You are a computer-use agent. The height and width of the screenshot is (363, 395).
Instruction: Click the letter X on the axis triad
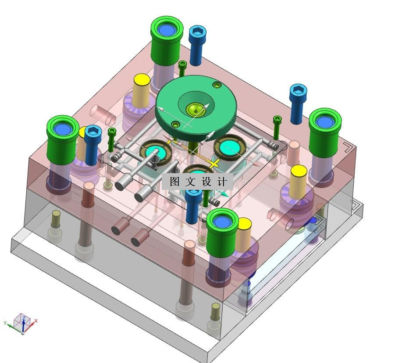click(x=36, y=321)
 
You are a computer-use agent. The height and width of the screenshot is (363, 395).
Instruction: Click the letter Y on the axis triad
click(x=5, y=323)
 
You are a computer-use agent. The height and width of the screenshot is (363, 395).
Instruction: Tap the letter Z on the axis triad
click(x=24, y=319)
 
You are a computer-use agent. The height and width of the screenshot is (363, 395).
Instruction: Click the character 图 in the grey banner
click(x=174, y=181)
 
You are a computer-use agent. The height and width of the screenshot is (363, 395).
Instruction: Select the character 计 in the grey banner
click(x=222, y=181)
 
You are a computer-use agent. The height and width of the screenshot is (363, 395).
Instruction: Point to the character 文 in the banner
click(x=190, y=181)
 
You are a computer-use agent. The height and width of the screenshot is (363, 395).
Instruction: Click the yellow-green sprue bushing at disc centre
click(x=195, y=109)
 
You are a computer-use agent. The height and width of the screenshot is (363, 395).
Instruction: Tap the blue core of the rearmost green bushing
click(x=167, y=29)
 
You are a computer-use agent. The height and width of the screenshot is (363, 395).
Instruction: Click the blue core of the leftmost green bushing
click(x=63, y=128)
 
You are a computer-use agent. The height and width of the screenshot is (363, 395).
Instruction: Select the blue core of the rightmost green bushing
click(x=325, y=122)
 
